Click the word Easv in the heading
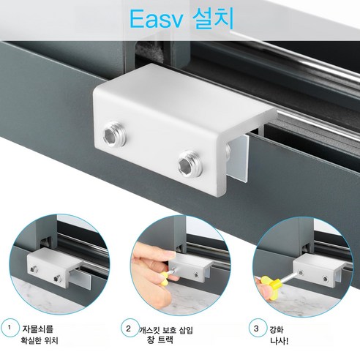156,19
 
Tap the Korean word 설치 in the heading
213,19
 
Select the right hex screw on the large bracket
190,163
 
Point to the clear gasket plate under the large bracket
238,158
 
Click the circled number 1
10,328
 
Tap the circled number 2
129,329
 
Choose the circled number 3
256,329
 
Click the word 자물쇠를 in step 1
37,329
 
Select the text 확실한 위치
40,340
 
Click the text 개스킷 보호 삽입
166,331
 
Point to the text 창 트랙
160,340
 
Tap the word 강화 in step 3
277,330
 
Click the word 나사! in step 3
279,341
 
